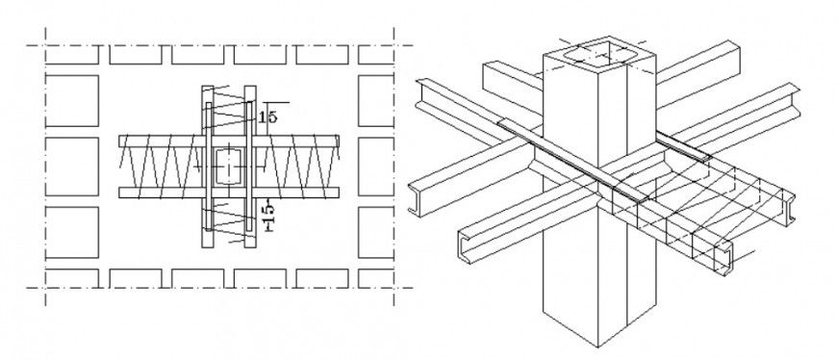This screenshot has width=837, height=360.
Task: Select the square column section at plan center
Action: [x=227, y=166]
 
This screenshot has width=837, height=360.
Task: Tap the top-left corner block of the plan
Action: [x=71, y=54]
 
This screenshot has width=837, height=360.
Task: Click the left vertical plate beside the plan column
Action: [x=206, y=166]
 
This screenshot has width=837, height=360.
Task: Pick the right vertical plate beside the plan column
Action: [x=250, y=166]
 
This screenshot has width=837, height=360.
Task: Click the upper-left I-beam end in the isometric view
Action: [x=420, y=95]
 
